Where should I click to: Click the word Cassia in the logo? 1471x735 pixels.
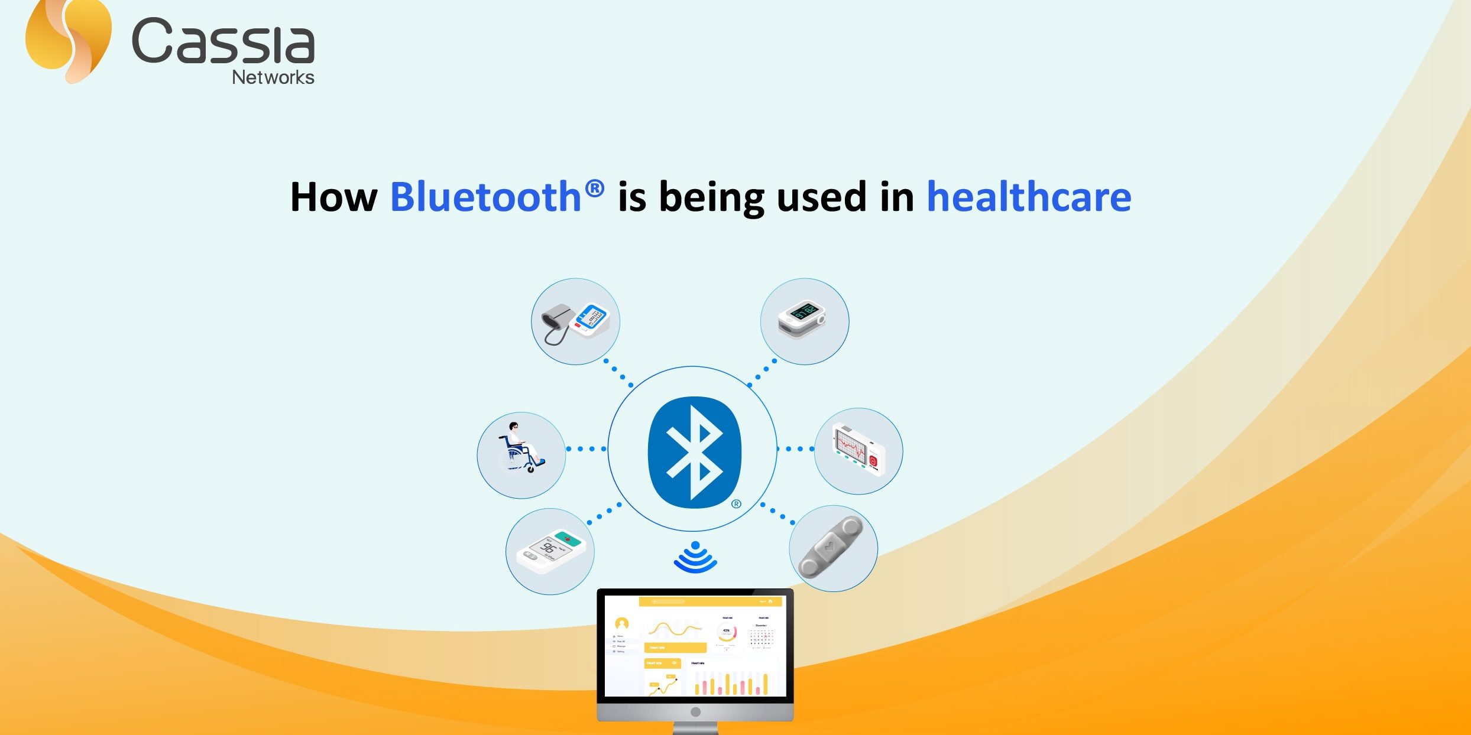pyautogui.click(x=223, y=41)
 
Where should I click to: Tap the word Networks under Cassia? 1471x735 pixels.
pyautogui.click(x=273, y=77)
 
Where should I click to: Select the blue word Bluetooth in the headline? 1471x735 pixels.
pyautogui.click(x=485, y=197)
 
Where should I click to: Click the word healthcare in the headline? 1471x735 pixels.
pyautogui.click(x=1029, y=197)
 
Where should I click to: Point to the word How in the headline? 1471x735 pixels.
pyautogui.click(x=333, y=197)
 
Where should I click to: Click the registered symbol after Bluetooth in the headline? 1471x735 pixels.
pyautogui.click(x=594, y=188)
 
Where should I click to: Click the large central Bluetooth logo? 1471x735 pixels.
pyautogui.click(x=694, y=451)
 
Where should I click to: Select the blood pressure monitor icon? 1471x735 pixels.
pyautogui.click(x=575, y=322)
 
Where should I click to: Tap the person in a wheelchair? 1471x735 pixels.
pyautogui.click(x=520, y=449)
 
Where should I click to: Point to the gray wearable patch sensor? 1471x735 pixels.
pyautogui.click(x=831, y=547)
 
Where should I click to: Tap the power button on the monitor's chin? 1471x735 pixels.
pyautogui.click(x=695, y=712)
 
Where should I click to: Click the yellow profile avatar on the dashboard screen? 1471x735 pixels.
pyautogui.click(x=621, y=623)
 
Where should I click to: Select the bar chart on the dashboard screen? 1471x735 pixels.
pyautogui.click(x=731, y=684)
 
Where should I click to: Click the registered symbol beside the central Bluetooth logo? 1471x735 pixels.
pyautogui.click(x=736, y=504)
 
